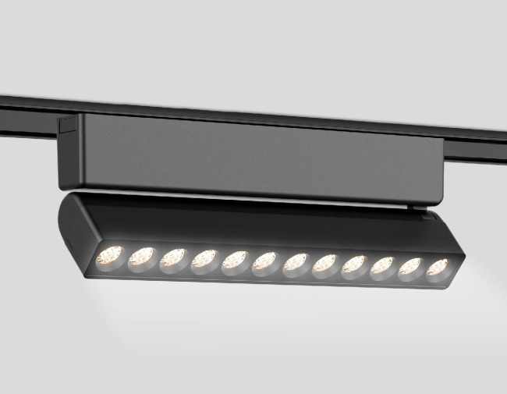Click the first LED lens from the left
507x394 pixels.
[111, 255]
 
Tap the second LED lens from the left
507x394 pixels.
[142, 257]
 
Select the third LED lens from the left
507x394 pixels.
[173, 258]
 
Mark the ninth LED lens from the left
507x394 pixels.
[353, 265]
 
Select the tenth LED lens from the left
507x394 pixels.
[382, 266]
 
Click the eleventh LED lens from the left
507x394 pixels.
[410, 268]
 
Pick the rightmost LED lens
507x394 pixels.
[438, 268]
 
